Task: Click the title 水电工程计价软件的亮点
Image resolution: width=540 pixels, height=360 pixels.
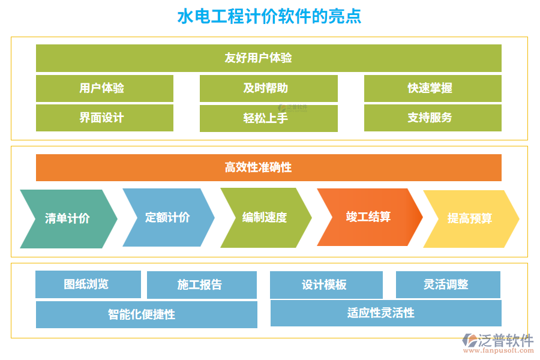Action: coord(269,16)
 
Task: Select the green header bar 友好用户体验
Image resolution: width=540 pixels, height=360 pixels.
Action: coord(268,58)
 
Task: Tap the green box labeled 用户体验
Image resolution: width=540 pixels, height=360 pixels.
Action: coord(104,88)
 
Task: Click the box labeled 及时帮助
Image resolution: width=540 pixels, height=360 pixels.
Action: coord(268,88)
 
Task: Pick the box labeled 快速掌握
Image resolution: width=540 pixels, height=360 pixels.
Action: coord(432,88)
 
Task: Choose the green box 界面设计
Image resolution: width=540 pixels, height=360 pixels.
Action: coord(104,118)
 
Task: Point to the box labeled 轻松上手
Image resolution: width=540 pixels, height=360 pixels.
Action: coord(268,118)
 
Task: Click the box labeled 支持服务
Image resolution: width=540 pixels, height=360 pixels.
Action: coord(432,118)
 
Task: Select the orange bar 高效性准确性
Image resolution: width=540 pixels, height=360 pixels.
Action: coord(268,167)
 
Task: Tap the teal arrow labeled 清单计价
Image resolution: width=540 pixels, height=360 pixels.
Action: coord(67,218)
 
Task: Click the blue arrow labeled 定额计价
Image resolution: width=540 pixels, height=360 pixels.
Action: coord(167,217)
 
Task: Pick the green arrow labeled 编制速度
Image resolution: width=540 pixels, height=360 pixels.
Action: coord(265,217)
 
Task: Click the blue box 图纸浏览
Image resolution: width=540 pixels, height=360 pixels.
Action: coord(88,284)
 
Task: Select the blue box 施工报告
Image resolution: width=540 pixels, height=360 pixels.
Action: coord(202,285)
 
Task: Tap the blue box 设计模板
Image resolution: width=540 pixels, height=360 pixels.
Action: coord(326,285)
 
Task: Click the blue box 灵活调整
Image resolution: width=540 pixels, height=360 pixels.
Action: coord(448,284)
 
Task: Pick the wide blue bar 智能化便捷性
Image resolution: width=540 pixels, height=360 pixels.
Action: coord(146,314)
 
